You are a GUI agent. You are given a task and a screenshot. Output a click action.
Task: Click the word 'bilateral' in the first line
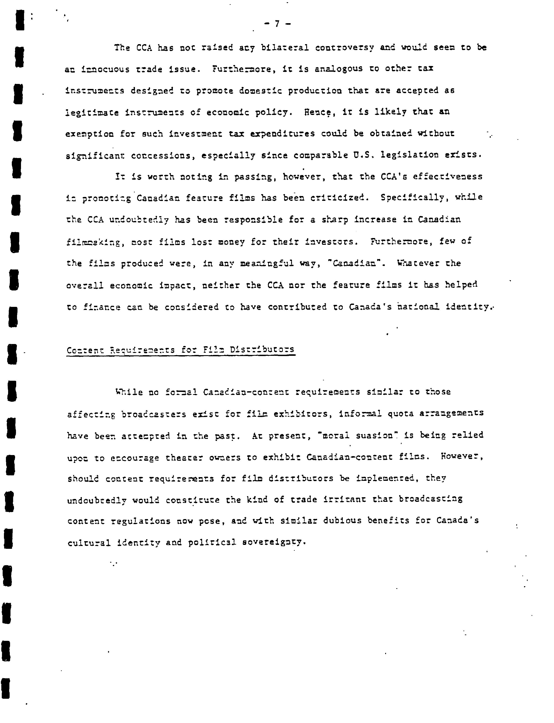285,48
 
